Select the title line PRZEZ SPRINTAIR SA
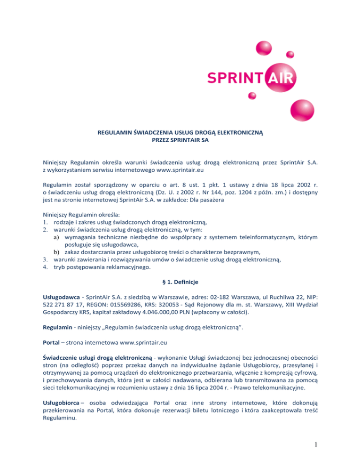click(180, 140)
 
